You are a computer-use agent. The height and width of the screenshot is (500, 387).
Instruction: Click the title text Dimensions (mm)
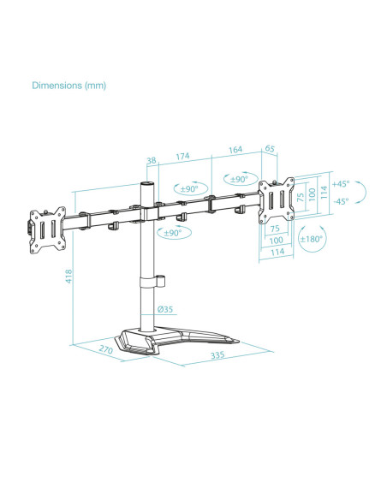(x=68, y=86)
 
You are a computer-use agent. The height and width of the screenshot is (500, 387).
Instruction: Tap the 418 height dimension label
(x=68, y=277)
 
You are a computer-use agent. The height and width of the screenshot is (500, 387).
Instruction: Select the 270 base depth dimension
(x=106, y=349)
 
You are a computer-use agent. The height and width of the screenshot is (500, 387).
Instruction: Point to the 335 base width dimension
(x=217, y=355)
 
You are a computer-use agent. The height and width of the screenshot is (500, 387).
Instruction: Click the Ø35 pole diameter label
(x=165, y=309)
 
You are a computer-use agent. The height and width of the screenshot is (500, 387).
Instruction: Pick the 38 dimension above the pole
(x=152, y=160)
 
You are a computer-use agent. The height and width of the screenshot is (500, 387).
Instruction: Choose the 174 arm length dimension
(x=182, y=156)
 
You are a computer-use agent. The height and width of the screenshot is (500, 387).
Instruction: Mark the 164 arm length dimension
(x=235, y=149)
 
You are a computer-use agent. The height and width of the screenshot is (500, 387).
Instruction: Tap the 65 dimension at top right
(x=270, y=148)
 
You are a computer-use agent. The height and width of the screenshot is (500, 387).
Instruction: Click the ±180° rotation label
(x=311, y=239)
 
